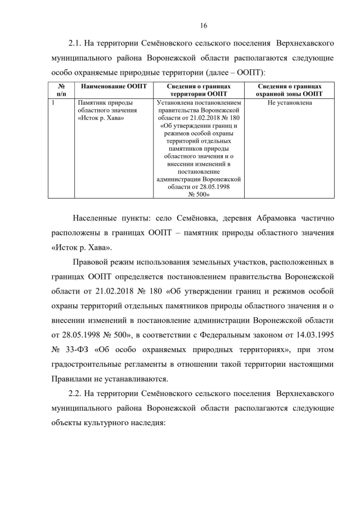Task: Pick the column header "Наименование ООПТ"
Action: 114,86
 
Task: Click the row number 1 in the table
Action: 52,103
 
